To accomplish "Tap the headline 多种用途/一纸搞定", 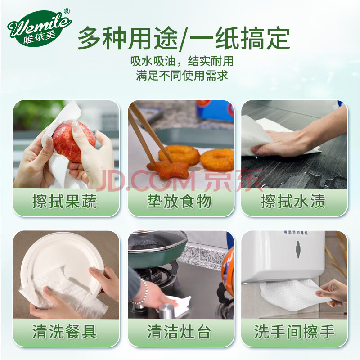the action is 184,38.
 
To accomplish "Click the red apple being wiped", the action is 73,142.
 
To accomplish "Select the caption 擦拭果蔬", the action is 64,201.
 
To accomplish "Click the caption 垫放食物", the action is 179,201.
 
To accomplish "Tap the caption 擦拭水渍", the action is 293,201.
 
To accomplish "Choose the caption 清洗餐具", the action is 64,332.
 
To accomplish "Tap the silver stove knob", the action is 166,310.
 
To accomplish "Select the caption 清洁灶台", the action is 179,332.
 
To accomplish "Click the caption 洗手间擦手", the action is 294,332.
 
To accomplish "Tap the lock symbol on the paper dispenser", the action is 298,249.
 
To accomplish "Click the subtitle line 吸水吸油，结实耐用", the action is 182,61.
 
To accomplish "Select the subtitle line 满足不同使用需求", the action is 182,75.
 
